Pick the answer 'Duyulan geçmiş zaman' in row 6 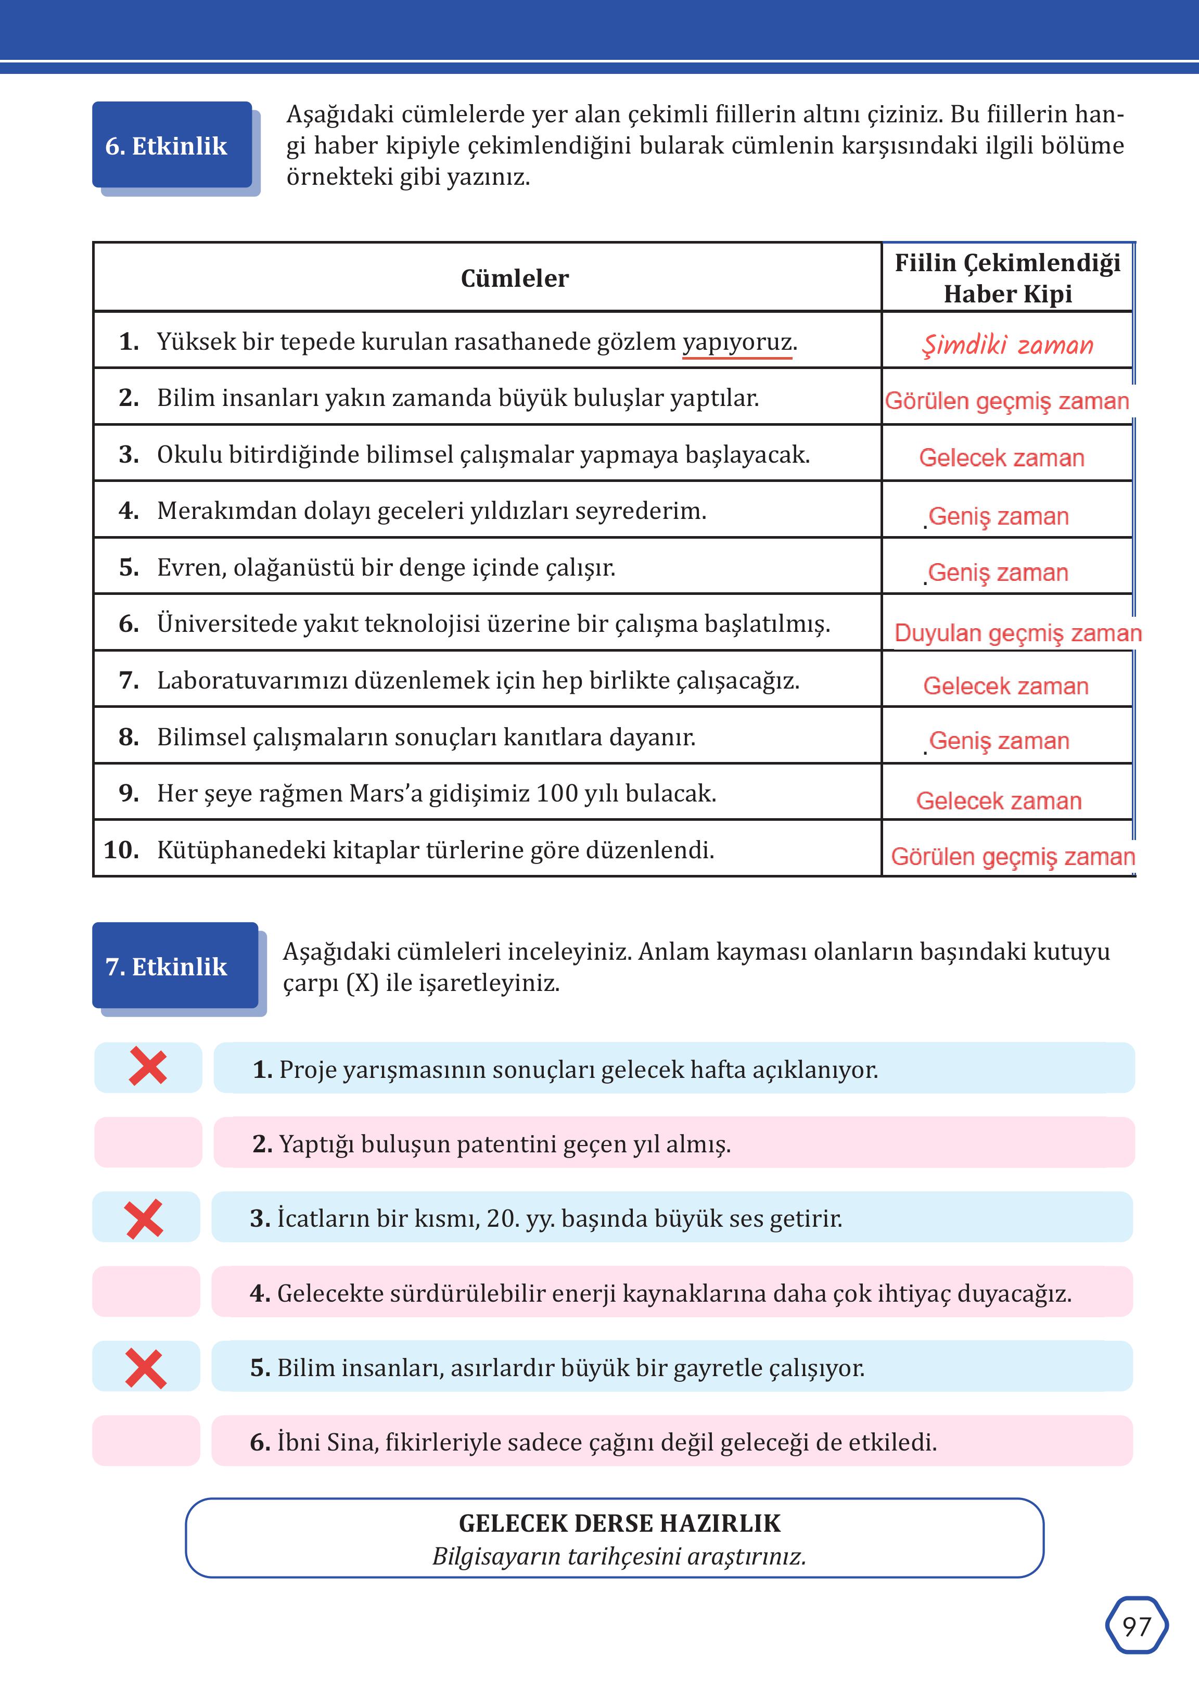click(1017, 633)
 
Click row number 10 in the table click(121, 850)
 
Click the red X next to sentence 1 click(148, 1068)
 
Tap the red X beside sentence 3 click(145, 1219)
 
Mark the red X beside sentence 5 click(145, 1368)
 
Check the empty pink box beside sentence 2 click(148, 1142)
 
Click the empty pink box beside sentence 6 click(145, 1441)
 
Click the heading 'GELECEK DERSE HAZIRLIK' click(619, 1523)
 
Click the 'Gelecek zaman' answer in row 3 click(1001, 458)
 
